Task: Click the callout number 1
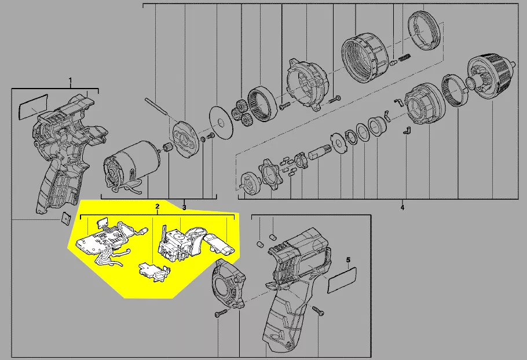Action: click(x=70, y=80)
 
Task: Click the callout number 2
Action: click(x=157, y=206)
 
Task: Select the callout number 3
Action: click(x=184, y=208)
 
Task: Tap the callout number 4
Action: click(x=402, y=208)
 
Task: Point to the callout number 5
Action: click(x=348, y=260)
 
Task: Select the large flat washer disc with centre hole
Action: click(x=220, y=122)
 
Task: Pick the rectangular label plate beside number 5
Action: click(x=342, y=280)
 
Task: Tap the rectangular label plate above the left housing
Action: click(x=32, y=106)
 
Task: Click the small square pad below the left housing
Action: click(x=66, y=219)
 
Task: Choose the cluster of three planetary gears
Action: click(x=241, y=112)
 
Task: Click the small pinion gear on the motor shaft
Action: click(x=167, y=148)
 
